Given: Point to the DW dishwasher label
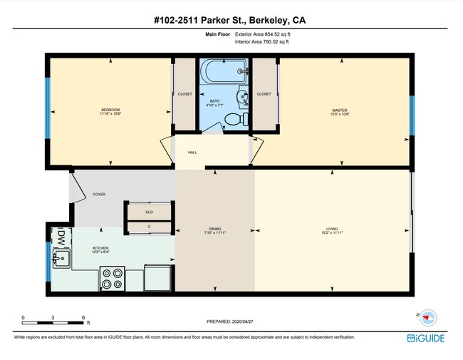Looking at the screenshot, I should (x=61, y=236).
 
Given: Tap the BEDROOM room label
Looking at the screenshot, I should (x=110, y=110).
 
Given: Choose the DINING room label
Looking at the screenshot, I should (x=215, y=229).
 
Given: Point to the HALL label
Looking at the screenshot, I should (x=192, y=153).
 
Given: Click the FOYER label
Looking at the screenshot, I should (x=99, y=194).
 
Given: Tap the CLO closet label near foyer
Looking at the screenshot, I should (x=150, y=212).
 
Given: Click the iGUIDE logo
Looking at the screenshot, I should (x=426, y=337).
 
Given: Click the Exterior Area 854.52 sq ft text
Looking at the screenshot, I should (x=263, y=34).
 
